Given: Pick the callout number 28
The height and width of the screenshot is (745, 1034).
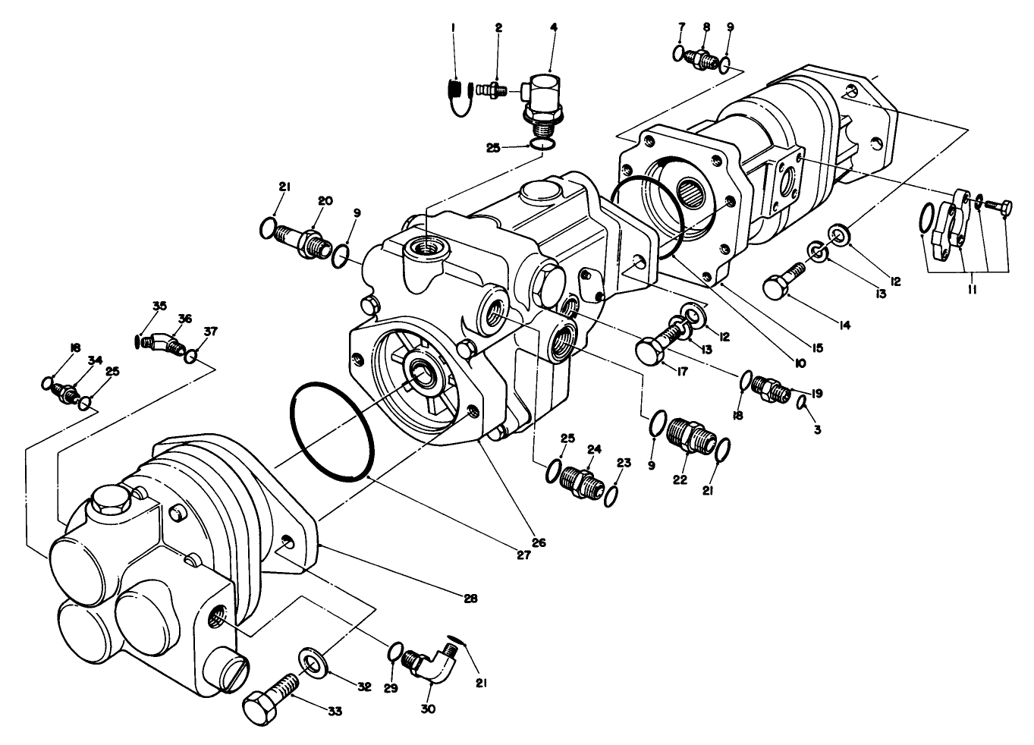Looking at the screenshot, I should point(470,599).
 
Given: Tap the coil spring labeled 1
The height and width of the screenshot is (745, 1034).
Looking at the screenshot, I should point(454,96).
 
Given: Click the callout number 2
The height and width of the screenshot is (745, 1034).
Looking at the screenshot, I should point(498,28).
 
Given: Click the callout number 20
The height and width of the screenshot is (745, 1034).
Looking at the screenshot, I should point(325,201).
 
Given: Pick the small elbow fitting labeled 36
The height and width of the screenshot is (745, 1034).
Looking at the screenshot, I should point(168,343).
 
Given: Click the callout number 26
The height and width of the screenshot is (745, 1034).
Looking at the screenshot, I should point(539,542).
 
